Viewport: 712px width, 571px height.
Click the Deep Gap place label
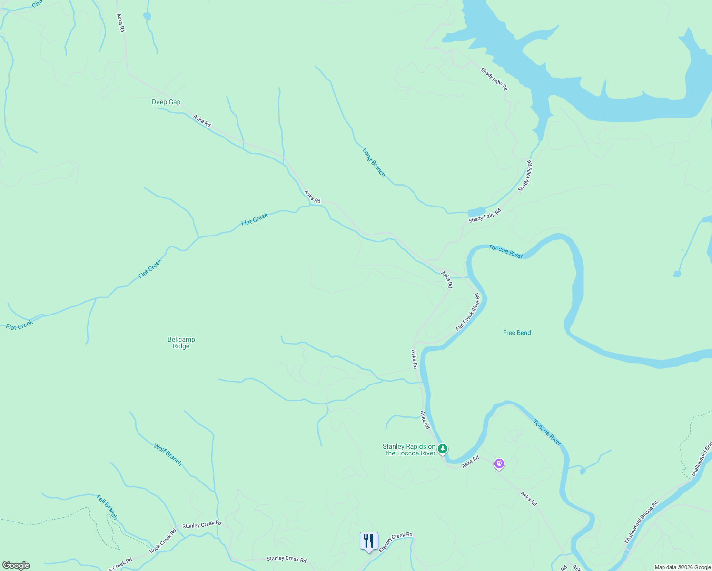click(166, 102)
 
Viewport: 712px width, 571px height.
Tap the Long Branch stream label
click(374, 163)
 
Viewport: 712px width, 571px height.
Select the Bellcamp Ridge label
click(181, 343)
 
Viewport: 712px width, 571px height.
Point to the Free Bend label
click(517, 333)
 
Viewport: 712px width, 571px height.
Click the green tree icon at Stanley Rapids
click(443, 449)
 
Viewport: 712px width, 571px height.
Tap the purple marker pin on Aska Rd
click(499, 463)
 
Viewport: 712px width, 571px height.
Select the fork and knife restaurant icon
click(369, 541)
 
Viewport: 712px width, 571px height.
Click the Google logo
click(16, 565)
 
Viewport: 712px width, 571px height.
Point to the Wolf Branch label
click(168, 454)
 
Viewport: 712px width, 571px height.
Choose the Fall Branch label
click(107, 507)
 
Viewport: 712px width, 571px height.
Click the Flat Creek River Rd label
click(467, 313)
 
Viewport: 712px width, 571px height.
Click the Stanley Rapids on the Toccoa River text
click(409, 450)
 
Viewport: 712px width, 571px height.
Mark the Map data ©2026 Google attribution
click(682, 567)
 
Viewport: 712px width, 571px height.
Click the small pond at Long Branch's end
click(476, 212)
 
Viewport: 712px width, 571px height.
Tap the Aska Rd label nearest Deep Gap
click(202, 120)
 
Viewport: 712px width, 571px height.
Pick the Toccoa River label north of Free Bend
click(505, 252)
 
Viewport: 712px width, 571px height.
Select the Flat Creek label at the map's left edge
click(20, 325)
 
